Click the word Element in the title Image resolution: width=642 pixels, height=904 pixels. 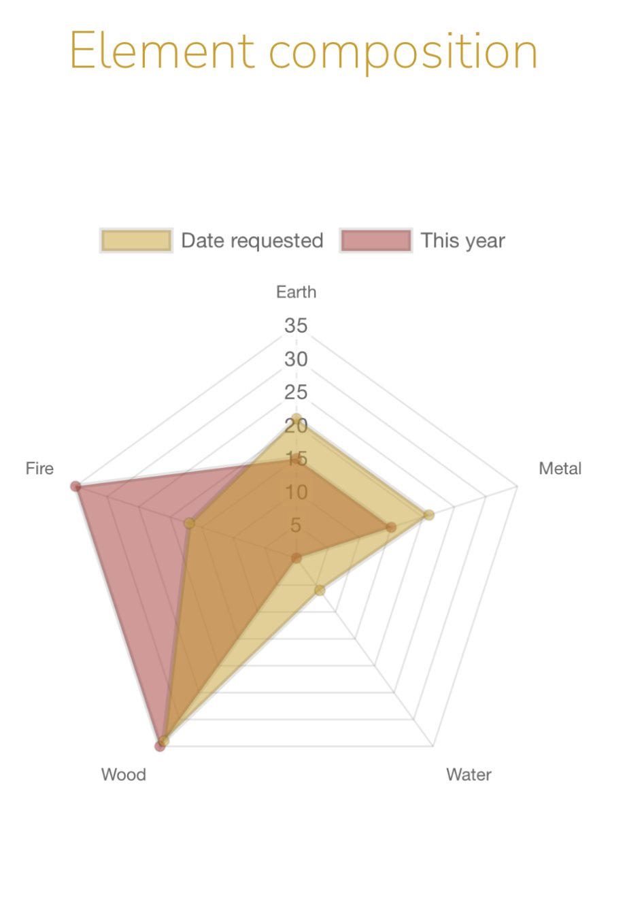(x=162, y=51)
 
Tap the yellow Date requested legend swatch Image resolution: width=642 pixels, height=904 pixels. (x=136, y=241)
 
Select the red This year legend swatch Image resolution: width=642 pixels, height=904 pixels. (x=376, y=241)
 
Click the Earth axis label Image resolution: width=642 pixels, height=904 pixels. (x=296, y=292)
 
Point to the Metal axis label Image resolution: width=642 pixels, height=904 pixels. (x=560, y=468)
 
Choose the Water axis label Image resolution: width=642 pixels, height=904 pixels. (x=469, y=774)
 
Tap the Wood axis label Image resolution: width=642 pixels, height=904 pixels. (x=124, y=774)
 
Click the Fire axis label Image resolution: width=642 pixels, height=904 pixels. (x=39, y=468)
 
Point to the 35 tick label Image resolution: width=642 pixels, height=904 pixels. (x=296, y=326)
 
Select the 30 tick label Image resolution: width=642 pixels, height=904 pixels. (x=296, y=359)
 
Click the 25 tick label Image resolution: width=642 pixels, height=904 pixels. (x=296, y=392)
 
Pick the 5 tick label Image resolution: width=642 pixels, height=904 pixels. (x=296, y=525)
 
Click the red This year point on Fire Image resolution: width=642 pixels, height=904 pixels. (x=75, y=486)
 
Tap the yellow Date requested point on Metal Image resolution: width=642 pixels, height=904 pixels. (x=428, y=515)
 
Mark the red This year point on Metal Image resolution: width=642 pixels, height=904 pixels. (x=390, y=527)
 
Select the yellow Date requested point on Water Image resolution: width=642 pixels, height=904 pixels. (x=320, y=590)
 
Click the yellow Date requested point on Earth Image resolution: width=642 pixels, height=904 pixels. (x=296, y=418)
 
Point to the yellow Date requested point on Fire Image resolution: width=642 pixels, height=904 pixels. (x=190, y=523)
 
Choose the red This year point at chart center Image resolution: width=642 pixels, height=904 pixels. (x=296, y=558)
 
